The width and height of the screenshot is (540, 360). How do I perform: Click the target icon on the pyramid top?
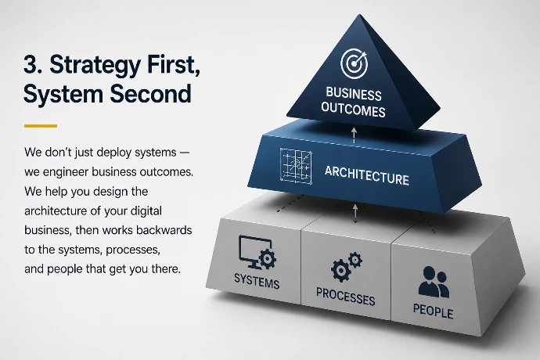tap(354, 63)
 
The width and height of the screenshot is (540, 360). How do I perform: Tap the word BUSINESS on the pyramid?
tap(354, 94)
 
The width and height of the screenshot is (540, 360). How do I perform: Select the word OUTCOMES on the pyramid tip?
tap(353, 110)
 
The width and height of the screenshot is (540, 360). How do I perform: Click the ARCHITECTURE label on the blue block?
tap(367, 175)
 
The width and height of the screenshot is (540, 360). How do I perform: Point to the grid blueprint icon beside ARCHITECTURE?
tap(296, 166)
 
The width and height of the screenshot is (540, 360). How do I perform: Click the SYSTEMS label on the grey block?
tap(257, 282)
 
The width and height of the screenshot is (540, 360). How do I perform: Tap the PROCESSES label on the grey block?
tap(345, 297)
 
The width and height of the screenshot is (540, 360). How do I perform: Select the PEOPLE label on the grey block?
tap(434, 311)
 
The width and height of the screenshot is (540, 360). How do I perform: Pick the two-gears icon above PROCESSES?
tap(346, 267)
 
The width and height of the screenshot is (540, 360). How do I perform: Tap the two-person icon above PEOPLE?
tap(434, 282)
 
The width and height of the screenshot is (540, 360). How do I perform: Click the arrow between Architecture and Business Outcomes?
tap(354, 135)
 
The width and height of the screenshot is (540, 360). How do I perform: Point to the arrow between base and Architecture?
tap(355, 213)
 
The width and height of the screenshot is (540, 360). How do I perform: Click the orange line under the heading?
tap(41, 126)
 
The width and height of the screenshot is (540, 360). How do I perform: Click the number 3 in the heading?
tap(31, 64)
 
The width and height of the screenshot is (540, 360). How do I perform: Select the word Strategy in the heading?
tap(95, 66)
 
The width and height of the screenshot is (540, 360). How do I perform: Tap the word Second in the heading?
tap(150, 94)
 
